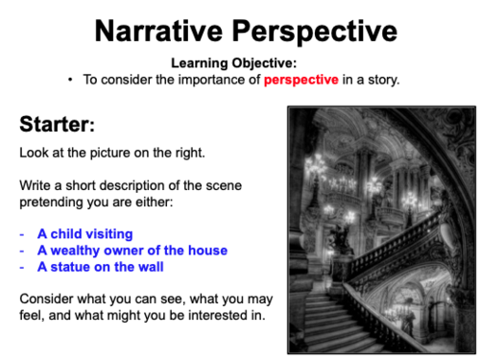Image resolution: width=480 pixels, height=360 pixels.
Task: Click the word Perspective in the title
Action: tap(316, 31)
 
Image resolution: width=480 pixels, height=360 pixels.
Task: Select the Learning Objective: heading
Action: tap(239, 63)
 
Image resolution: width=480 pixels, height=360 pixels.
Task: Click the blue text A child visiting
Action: tap(84, 233)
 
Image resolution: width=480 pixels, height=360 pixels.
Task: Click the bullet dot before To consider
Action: tap(71, 79)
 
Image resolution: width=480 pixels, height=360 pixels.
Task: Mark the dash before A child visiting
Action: tap(22, 233)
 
